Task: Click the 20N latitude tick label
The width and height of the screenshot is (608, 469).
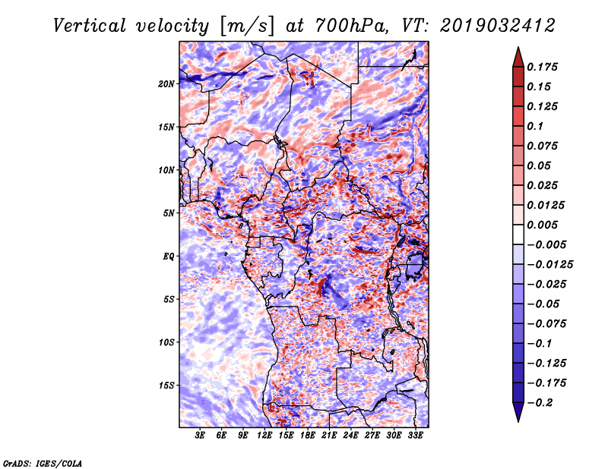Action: coord(166,84)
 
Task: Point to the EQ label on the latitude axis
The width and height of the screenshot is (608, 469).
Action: coord(168,257)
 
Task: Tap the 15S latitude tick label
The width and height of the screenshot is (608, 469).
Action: coord(166,386)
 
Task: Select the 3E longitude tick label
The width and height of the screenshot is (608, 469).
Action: coord(200,436)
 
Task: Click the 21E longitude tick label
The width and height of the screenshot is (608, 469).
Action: coord(329,436)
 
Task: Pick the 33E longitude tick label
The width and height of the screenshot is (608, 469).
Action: coord(415,436)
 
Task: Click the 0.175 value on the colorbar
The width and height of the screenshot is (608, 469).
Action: coord(542,67)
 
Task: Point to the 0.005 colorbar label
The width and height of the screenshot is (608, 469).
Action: coord(542,225)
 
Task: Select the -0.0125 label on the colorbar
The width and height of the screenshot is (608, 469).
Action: coord(549,265)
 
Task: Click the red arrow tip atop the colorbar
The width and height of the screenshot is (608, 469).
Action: coord(518,48)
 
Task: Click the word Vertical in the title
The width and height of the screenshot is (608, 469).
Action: coord(90,26)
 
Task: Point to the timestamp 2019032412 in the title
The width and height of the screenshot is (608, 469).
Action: coord(498,26)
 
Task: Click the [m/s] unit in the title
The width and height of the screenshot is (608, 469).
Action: coord(247,27)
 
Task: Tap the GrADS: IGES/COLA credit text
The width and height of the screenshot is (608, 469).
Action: coord(43,463)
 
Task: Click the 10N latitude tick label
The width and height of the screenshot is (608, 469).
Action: coord(166,170)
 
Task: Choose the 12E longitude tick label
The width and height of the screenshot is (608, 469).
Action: coord(264,436)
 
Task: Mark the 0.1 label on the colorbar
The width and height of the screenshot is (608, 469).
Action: coord(535,126)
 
